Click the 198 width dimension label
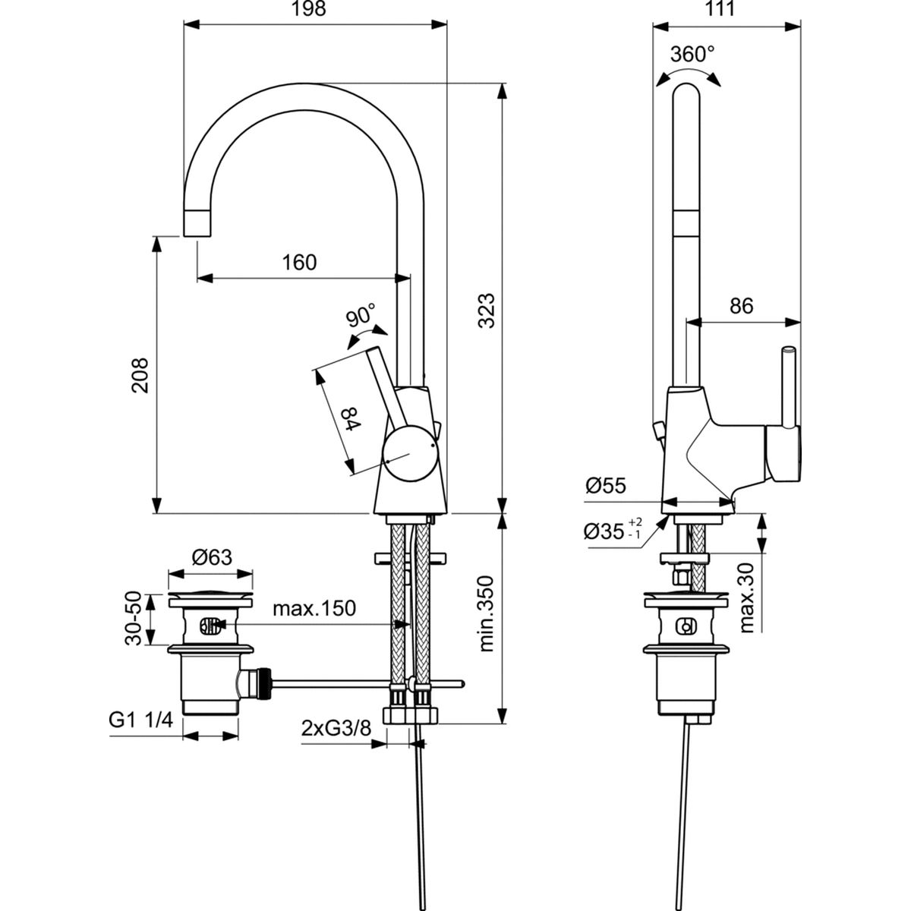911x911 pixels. coord(310,10)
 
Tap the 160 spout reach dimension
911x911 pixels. coord(299,263)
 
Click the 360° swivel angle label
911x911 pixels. coord(692,55)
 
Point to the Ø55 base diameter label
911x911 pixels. coord(606,486)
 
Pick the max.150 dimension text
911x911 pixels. coord(314,609)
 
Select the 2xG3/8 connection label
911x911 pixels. coord(336,728)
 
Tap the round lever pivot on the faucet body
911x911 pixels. coord(410,453)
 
